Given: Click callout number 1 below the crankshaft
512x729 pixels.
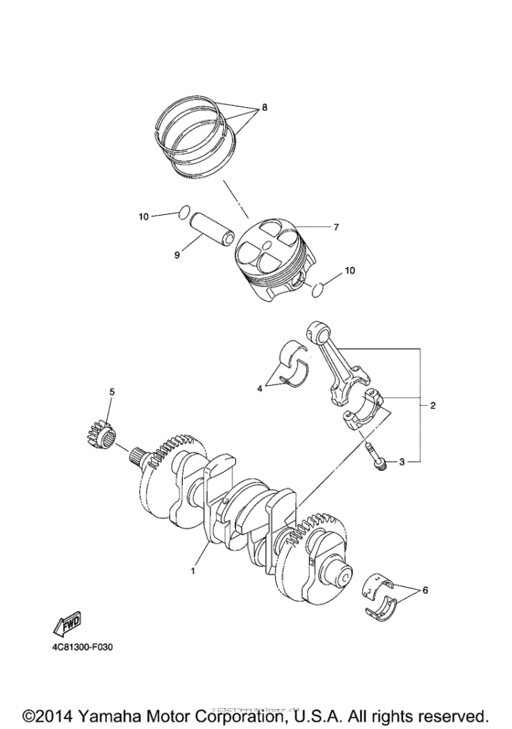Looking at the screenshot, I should point(193,571).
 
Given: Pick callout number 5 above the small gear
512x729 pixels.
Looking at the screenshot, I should point(112,392).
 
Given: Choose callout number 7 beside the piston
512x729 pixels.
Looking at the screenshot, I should point(336,227).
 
